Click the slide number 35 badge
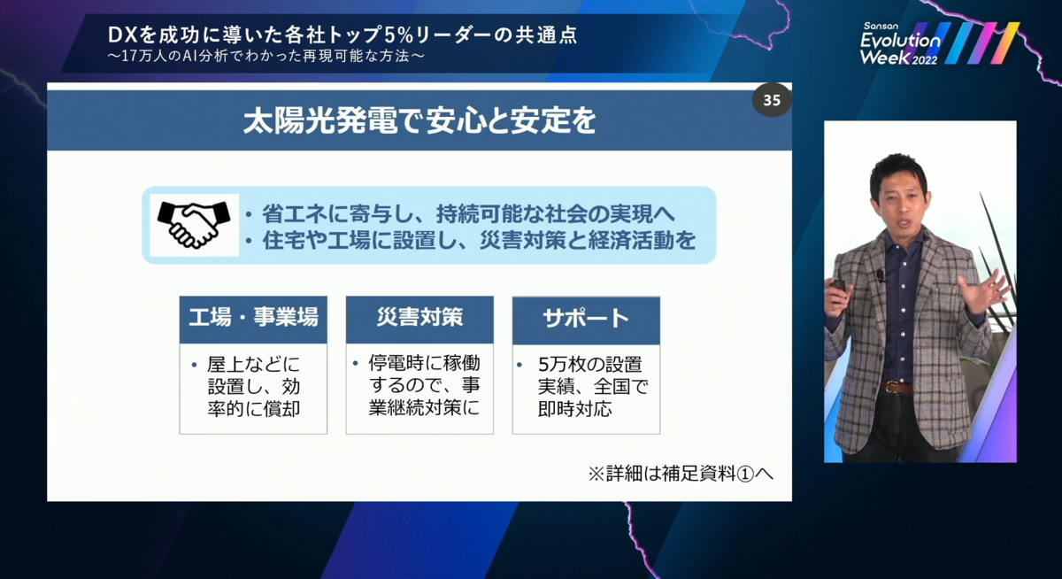point(772,101)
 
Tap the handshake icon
point(194,226)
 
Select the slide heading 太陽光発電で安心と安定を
point(419,121)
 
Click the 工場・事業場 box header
point(253,319)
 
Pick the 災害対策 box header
point(419,319)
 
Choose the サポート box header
point(586,320)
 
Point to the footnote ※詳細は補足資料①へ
point(681,474)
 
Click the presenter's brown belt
point(899,388)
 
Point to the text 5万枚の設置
point(589,364)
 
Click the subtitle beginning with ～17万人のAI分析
point(265,58)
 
